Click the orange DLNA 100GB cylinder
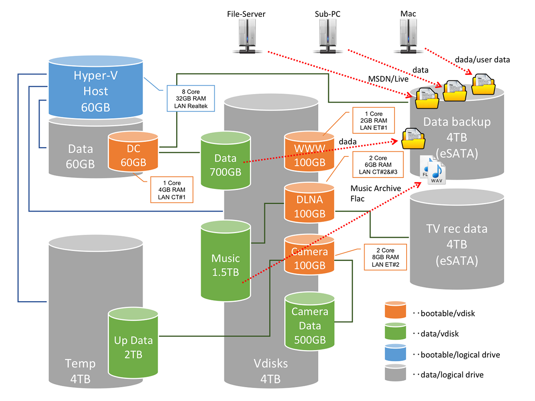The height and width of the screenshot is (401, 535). pos(310,204)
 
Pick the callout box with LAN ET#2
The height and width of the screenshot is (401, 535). pos(385,258)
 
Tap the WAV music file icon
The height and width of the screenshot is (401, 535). pos(435,174)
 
